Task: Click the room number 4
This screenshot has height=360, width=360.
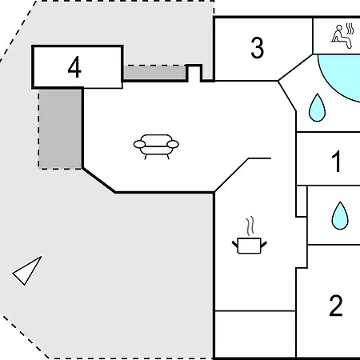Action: (x=74, y=67)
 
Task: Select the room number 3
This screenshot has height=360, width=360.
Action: (x=258, y=48)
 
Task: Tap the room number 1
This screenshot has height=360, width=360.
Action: (x=337, y=161)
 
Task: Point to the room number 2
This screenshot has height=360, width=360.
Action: (x=336, y=306)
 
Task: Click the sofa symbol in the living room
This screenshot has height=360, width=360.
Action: (x=156, y=146)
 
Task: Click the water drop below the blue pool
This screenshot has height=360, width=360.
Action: (x=317, y=108)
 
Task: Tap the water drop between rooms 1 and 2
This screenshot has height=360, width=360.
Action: (x=340, y=216)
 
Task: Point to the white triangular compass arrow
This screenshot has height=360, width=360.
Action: (x=27, y=271)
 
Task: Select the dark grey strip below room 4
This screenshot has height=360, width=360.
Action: (x=60, y=129)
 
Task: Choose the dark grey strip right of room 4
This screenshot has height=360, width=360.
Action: (x=154, y=72)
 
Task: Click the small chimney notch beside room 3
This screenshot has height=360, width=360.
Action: (x=194, y=72)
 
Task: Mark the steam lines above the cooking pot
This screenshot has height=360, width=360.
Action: (x=250, y=226)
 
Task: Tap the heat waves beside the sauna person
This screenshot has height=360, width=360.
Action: (x=350, y=29)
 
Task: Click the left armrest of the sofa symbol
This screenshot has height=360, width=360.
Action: (x=139, y=145)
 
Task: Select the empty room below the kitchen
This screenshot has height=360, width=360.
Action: (x=255, y=334)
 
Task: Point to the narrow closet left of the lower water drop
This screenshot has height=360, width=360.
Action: (x=302, y=201)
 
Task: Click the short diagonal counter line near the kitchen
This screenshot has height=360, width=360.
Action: (x=231, y=175)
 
